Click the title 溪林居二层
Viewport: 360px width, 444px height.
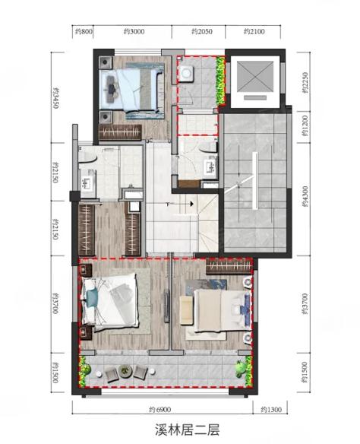[187, 430]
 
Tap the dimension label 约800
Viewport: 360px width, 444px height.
[84, 31]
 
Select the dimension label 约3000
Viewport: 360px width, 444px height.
[134, 31]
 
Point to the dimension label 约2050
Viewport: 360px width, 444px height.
[202, 31]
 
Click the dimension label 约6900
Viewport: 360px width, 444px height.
[159, 410]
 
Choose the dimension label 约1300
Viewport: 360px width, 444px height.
[271, 410]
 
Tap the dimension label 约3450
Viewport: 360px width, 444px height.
[56, 98]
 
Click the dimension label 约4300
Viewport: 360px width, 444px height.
[305, 196]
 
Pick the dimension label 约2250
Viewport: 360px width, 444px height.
[305, 83]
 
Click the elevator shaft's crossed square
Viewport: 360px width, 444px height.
[255, 77]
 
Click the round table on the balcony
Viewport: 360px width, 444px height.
[125, 371]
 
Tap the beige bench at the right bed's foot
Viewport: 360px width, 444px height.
[187, 310]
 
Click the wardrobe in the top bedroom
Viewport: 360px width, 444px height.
[120, 132]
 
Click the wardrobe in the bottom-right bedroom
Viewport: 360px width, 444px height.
[229, 266]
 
